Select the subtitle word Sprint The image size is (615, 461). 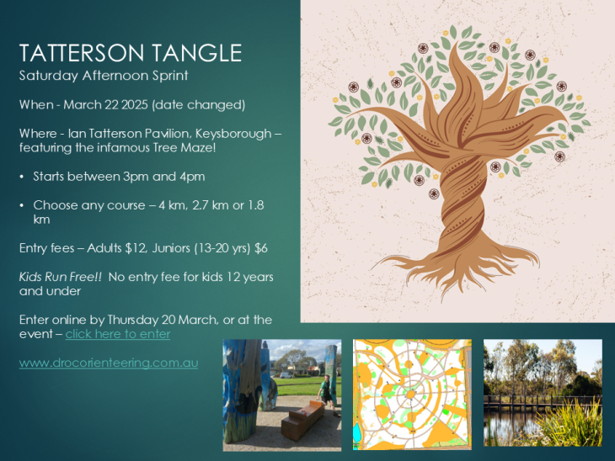[x=170, y=76]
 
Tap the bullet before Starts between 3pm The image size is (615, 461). [x=22, y=177]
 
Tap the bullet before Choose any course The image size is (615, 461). [x=22, y=205]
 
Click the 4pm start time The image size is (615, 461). [x=192, y=177]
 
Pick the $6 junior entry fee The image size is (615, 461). [x=261, y=248]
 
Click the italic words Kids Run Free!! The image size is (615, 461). [x=61, y=277]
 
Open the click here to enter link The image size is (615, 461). [x=118, y=334]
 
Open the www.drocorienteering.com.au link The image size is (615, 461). [x=109, y=363]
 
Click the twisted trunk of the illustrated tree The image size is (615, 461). [x=463, y=204]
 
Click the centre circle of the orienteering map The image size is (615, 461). [x=410, y=394]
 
